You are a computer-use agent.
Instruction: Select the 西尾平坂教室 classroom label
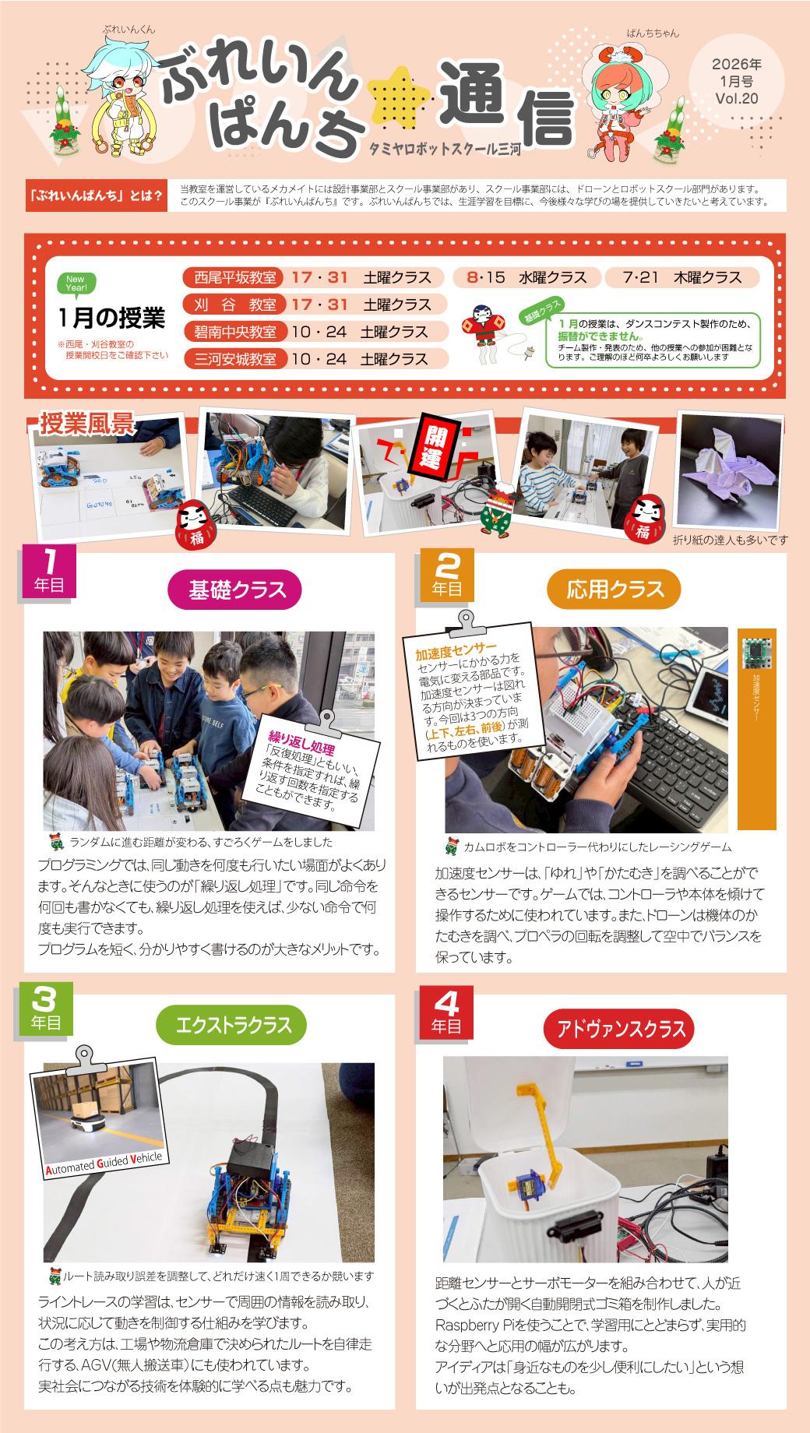pos(234,277)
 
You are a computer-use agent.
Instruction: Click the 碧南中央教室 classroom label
pos(234,332)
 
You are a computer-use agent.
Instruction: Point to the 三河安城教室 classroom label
pos(234,359)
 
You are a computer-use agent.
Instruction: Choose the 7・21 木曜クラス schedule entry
pos(684,277)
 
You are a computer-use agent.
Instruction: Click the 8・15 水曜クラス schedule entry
pos(526,277)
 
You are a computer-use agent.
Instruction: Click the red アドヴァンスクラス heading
pos(618,1030)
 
